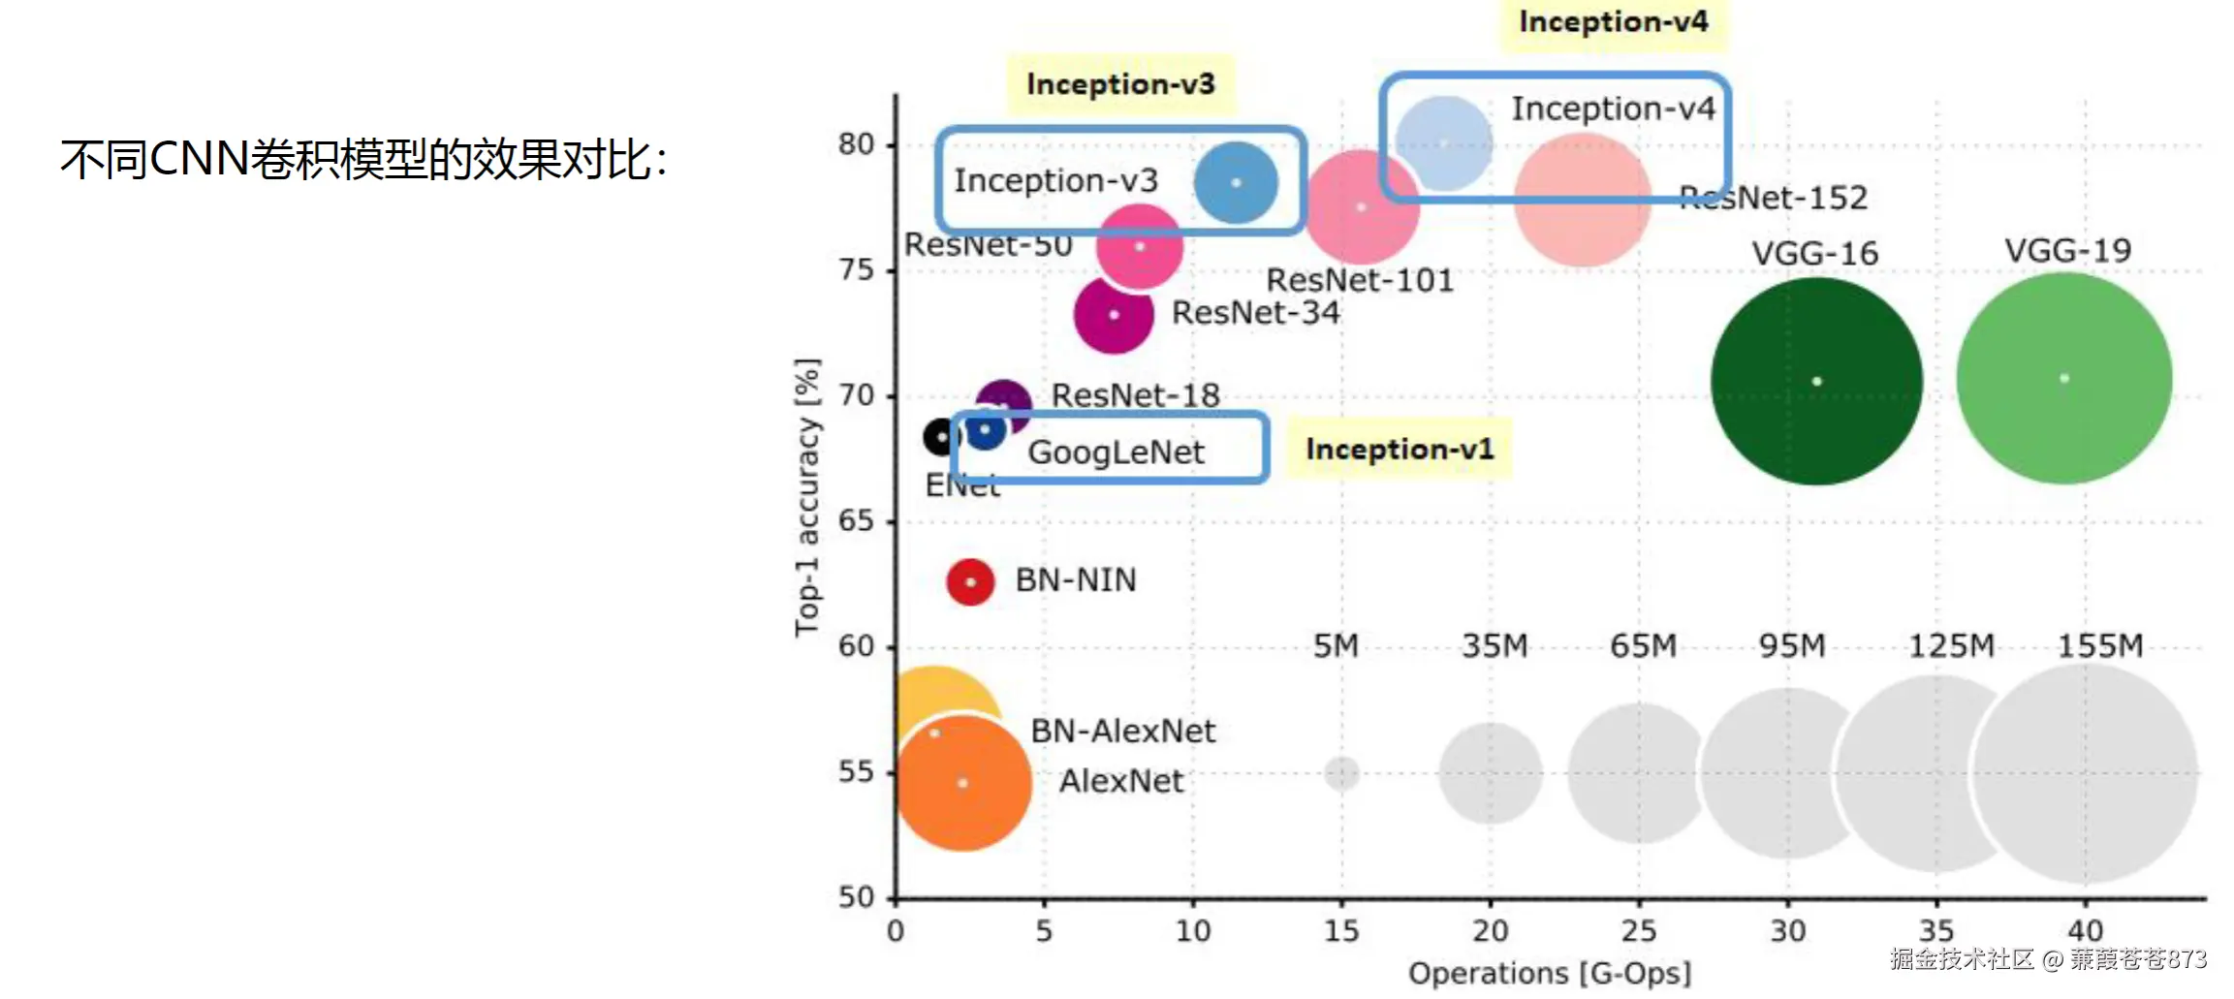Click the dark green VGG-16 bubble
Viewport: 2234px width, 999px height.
coord(1816,381)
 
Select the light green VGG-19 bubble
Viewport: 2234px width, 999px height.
coord(2064,378)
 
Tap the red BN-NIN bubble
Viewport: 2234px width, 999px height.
coord(970,581)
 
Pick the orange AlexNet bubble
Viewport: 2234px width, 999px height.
coord(962,783)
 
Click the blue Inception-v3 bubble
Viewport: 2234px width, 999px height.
coord(1236,182)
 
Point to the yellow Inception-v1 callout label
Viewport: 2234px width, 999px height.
coord(1400,449)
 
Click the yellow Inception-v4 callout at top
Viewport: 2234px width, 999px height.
coord(1613,22)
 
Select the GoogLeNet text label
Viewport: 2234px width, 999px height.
coord(1116,452)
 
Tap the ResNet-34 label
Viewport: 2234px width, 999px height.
coord(1255,313)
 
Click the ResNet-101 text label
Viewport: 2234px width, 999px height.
coord(1360,280)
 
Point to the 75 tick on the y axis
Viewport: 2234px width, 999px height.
coord(856,269)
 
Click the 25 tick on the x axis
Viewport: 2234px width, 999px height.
coord(1639,930)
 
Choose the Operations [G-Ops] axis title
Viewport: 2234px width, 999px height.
coord(1549,973)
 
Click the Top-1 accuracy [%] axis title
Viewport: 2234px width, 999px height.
coord(806,497)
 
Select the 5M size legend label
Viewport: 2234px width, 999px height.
coord(1336,645)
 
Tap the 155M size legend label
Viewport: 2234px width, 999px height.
coord(2100,645)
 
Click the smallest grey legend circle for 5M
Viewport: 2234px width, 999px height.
coord(1341,773)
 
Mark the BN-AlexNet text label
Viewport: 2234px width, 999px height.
coord(1122,731)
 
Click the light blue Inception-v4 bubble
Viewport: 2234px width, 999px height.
coord(1444,143)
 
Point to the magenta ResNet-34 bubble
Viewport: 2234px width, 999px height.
coord(1114,315)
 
